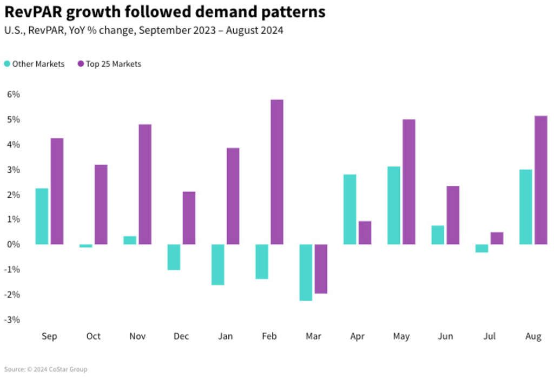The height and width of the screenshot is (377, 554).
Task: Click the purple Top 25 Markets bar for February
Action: [x=277, y=172]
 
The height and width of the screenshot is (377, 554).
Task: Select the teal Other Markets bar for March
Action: [x=306, y=272]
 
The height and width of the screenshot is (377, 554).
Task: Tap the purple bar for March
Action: [x=321, y=269]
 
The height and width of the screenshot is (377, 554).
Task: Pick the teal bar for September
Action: [x=42, y=216]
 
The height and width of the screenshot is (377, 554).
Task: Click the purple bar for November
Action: [x=145, y=184]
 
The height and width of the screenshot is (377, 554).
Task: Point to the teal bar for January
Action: [x=218, y=264]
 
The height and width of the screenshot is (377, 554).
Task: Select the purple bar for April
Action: [x=365, y=232]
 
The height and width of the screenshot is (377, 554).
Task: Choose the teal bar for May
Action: [x=394, y=205]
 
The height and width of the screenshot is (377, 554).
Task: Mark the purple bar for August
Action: [x=540, y=180]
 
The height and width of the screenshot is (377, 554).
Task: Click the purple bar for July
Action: [x=497, y=238]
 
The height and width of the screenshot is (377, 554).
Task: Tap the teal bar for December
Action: [x=174, y=257]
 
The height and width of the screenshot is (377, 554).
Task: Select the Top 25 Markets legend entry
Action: [x=109, y=64]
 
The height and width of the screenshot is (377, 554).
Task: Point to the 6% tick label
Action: [x=13, y=94]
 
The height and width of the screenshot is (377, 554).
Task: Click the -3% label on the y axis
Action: [x=12, y=320]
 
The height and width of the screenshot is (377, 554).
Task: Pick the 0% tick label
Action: [x=13, y=244]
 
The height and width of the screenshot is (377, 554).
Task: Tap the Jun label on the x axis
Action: [x=445, y=336]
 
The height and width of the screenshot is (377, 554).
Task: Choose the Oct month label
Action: [x=94, y=336]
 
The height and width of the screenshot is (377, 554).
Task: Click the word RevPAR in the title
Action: [x=35, y=12]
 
